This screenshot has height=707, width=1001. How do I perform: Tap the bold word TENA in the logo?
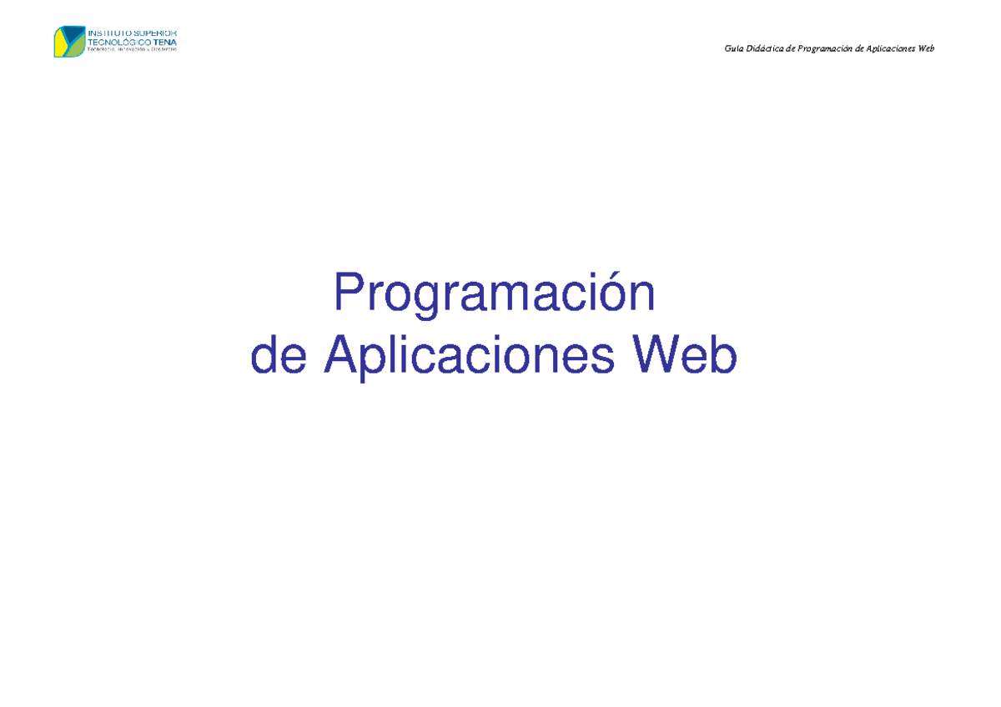165,42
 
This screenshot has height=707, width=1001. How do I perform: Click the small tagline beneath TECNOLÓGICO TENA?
132,50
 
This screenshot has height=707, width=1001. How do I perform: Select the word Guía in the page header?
735,48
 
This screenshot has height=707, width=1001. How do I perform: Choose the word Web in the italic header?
926,48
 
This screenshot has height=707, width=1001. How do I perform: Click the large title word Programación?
494,294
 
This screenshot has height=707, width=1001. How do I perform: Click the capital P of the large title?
348,293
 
